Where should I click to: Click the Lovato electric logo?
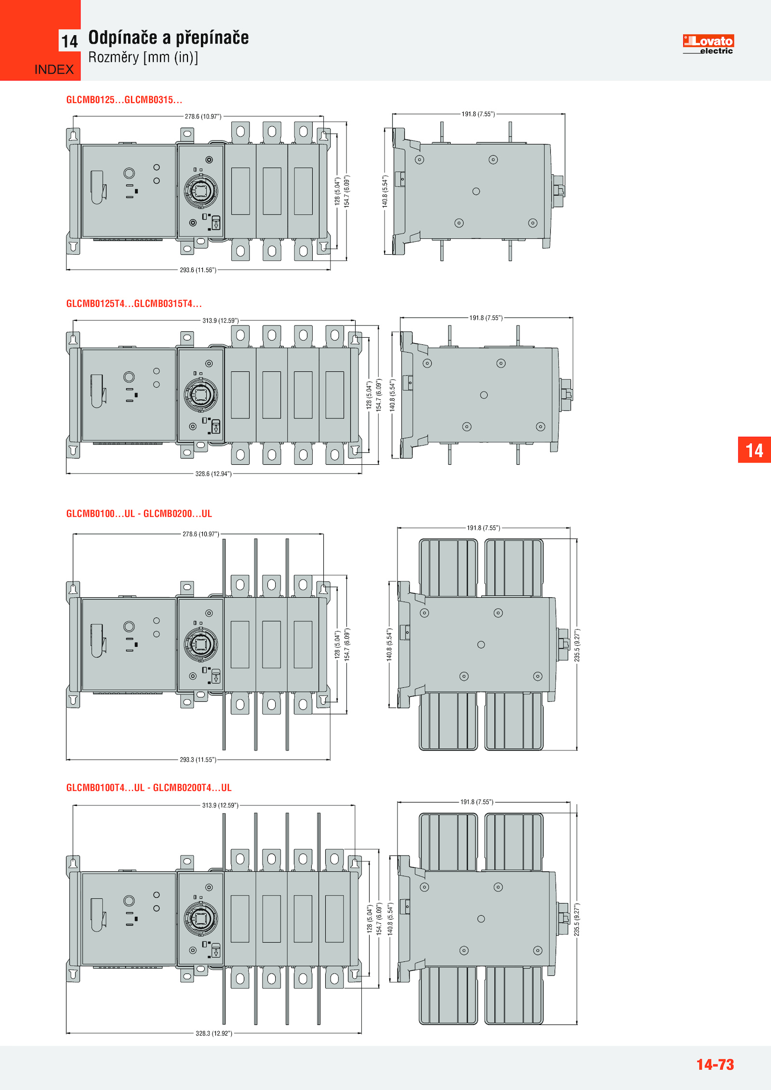coord(708,44)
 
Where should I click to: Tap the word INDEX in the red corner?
coord(54,70)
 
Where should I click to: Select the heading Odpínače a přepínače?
coord(169,38)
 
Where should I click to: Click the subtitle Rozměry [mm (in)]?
coord(143,57)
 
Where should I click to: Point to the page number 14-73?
coord(715,1064)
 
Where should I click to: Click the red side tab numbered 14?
coord(754,450)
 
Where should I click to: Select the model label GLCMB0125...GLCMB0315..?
coord(124,100)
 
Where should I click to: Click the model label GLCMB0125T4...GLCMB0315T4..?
coord(134,303)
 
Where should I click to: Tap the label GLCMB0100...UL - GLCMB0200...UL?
coord(139,513)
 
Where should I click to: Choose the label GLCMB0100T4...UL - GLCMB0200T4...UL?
coord(149,788)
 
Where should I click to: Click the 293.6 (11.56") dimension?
coord(198,270)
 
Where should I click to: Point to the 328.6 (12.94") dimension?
coord(213,473)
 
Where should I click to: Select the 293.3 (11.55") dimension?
coord(198,760)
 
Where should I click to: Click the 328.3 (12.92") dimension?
coord(214,1033)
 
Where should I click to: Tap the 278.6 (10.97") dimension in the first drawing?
coord(203,117)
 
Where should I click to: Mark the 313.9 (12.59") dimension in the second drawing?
coord(221,320)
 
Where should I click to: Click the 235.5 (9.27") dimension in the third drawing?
coord(577,645)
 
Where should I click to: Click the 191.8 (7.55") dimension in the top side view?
coord(478,114)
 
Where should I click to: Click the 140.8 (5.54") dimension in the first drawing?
coord(385,191)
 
